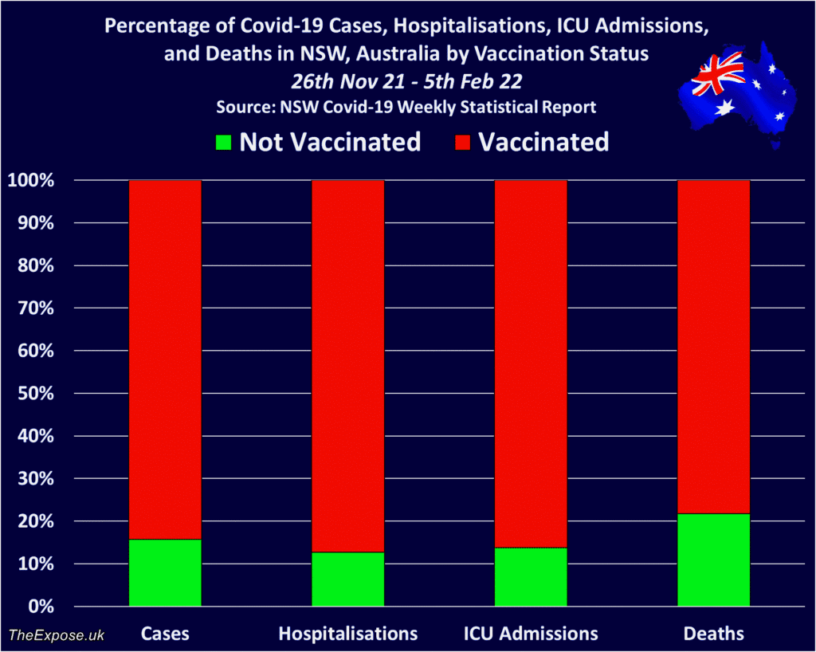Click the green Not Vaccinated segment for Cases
165,572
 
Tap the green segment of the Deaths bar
713,560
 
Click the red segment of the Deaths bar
713,347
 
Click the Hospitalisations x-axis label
347,634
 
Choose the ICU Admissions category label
531,634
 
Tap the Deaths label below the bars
713,634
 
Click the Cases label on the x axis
165,634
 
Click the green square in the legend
224,143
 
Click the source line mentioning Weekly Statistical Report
406,107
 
